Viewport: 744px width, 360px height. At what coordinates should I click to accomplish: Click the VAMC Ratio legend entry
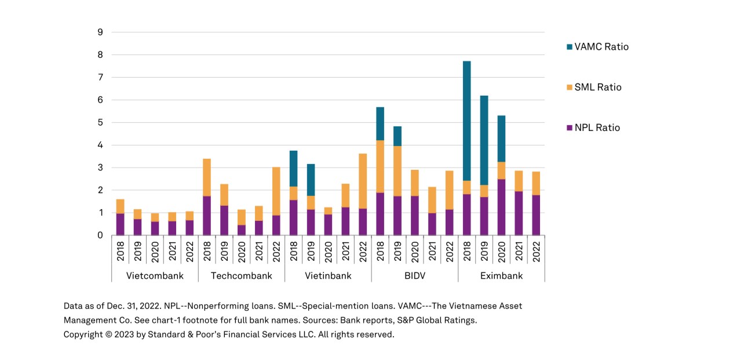click(601, 47)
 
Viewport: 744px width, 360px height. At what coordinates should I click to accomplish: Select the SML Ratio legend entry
click(597, 88)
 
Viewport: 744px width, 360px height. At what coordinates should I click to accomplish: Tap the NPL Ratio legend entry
click(597, 128)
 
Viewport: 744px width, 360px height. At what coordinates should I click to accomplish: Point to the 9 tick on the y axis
click(100, 32)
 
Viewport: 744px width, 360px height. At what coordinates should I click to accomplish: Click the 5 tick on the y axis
click(100, 123)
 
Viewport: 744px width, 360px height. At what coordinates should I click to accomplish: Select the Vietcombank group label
click(155, 276)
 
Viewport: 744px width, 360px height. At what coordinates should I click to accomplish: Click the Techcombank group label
click(241, 276)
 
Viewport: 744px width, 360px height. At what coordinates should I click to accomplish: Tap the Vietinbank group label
click(328, 276)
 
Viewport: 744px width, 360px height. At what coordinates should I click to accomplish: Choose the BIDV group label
click(414, 276)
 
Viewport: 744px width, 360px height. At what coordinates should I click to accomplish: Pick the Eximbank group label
click(501, 276)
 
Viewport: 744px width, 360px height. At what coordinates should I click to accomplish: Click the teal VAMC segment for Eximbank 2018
click(466, 121)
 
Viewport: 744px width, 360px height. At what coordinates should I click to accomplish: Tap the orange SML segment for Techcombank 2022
click(276, 191)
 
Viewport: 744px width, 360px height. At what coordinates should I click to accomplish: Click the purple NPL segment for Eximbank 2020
click(501, 207)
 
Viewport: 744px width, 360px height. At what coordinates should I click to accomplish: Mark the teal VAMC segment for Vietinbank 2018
click(293, 169)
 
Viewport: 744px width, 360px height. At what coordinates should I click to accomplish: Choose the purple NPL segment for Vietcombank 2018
click(120, 224)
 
